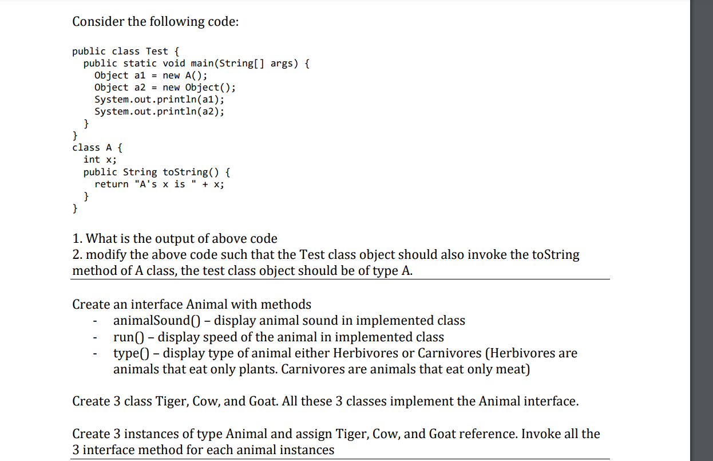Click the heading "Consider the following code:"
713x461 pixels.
[x=155, y=22]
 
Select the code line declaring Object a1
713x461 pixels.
[x=150, y=76]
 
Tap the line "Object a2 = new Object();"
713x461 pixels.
[x=165, y=88]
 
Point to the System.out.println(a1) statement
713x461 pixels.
[x=159, y=100]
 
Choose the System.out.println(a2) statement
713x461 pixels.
[x=159, y=112]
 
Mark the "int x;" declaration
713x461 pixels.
[x=100, y=160]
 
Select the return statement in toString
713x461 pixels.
[x=159, y=184]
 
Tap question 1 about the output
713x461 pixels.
[x=175, y=238]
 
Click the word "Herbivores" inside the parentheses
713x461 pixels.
[x=523, y=353]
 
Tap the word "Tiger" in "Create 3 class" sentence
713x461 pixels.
[x=171, y=401]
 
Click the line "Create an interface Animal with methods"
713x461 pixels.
[x=192, y=304]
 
